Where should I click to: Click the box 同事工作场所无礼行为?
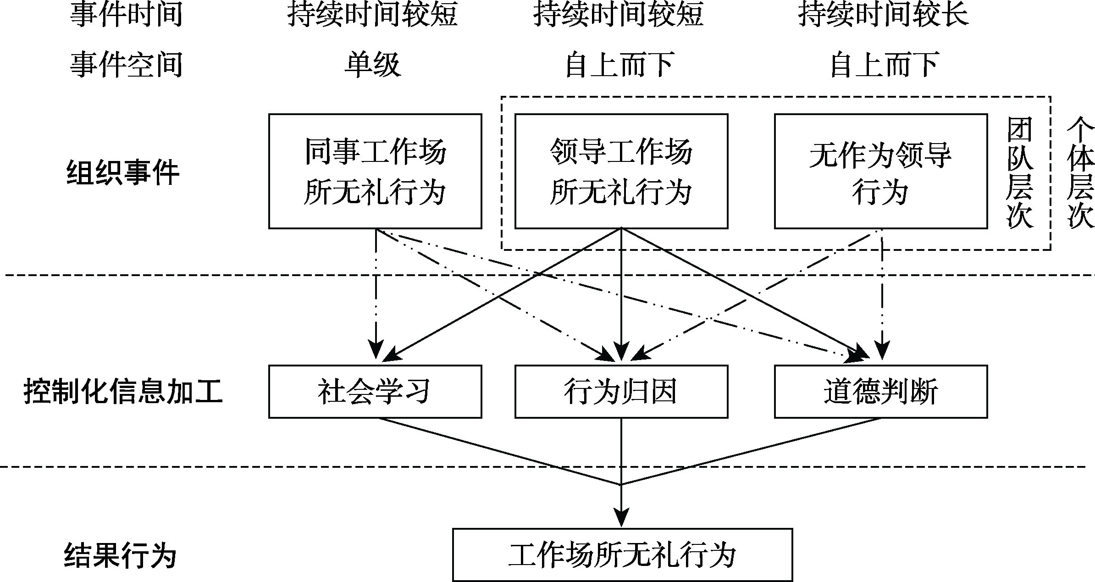[375, 171]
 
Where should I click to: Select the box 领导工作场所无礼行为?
[621, 171]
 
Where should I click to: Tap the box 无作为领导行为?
[880, 171]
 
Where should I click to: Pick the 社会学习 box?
[375, 392]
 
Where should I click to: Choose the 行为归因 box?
[621, 392]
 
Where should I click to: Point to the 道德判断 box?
[880, 392]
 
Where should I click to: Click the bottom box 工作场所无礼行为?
[622, 555]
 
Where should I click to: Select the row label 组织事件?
[123, 173]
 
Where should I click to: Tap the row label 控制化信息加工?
[123, 393]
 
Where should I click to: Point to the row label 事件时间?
[126, 14]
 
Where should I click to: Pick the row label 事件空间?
[126, 64]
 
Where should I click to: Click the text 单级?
[372, 64]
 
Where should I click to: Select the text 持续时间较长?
[883, 14]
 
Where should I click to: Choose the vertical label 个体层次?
[1081, 172]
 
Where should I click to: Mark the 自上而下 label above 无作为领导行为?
[883, 64]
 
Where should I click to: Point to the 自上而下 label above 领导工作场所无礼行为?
[619, 64]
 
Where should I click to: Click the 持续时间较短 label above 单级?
[372, 14]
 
